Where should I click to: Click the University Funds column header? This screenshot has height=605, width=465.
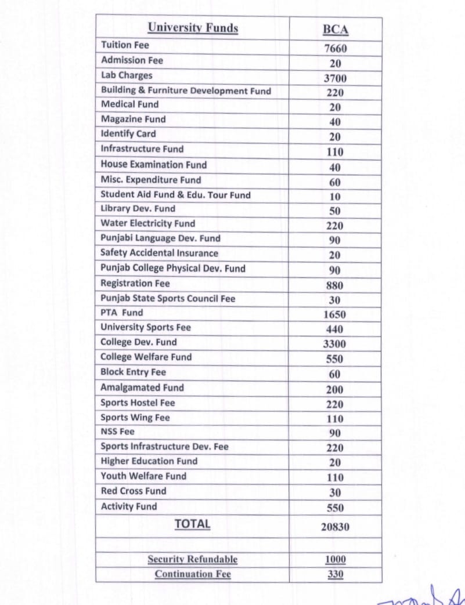(x=193, y=28)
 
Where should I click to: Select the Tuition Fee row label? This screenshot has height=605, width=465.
(x=125, y=45)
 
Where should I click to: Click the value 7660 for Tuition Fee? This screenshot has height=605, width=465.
(x=336, y=49)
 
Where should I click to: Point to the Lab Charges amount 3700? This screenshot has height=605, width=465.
(x=336, y=78)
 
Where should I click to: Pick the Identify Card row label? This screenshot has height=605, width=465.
(x=128, y=134)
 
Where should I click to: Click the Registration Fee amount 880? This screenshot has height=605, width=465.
(x=336, y=285)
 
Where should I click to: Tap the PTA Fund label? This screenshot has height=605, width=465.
(x=121, y=313)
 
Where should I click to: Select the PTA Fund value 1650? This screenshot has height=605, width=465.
(x=336, y=315)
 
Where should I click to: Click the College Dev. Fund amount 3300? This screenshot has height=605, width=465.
(x=336, y=344)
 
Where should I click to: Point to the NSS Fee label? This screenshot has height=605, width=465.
(x=117, y=432)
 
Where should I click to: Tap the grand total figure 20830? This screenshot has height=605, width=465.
(x=336, y=527)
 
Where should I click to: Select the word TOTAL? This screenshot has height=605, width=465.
(x=193, y=524)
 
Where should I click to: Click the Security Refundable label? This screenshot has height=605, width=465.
(x=193, y=559)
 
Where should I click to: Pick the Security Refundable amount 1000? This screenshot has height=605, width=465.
(x=336, y=560)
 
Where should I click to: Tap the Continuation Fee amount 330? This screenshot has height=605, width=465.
(x=336, y=574)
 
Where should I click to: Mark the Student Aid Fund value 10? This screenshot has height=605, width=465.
(x=336, y=196)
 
